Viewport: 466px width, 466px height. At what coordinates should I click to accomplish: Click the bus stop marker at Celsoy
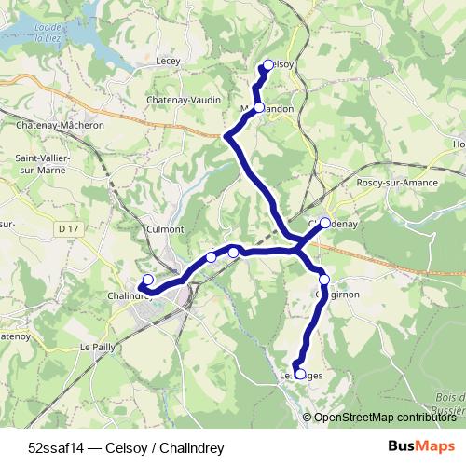click(267, 64)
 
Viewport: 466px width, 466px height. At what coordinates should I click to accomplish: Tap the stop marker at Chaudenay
click(325, 223)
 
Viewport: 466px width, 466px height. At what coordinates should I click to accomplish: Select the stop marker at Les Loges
click(299, 374)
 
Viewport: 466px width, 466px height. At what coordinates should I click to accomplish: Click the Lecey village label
click(169, 60)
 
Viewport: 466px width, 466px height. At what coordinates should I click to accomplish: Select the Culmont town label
click(166, 228)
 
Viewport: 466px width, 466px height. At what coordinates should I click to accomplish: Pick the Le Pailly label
click(97, 347)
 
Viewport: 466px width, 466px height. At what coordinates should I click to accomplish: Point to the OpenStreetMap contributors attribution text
click(384, 417)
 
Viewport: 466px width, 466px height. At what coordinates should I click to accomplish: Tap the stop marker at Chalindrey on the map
click(147, 280)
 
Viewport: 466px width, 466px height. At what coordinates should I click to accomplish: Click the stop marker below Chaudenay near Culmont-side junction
click(324, 279)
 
